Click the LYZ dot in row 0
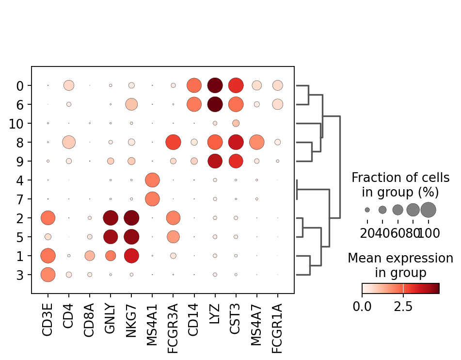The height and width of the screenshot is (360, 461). pyautogui.click(x=215, y=85)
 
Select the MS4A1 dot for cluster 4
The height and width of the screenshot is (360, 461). pyautogui.click(x=152, y=180)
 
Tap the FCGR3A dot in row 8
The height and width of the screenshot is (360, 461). pyautogui.click(x=173, y=142)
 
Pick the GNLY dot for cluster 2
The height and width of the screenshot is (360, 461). pyautogui.click(x=111, y=218)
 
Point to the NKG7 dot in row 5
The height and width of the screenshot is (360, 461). pyautogui.click(x=131, y=237)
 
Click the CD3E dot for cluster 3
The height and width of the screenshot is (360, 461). pyautogui.click(x=48, y=275)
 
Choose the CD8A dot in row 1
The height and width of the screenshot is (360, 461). pyautogui.click(x=90, y=256)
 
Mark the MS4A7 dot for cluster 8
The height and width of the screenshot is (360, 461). pyautogui.click(x=256, y=142)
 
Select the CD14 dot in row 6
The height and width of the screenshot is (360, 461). pyautogui.click(x=194, y=104)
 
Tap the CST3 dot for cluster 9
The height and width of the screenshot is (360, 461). pyautogui.click(x=236, y=161)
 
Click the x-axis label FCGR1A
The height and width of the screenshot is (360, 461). pyautogui.click(x=278, y=326)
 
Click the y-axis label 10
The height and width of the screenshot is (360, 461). pyautogui.click(x=17, y=123)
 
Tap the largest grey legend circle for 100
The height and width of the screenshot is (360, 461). pyautogui.click(x=429, y=210)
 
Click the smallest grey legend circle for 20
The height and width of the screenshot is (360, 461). pyautogui.click(x=367, y=210)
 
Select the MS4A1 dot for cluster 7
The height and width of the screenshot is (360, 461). pyautogui.click(x=152, y=199)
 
